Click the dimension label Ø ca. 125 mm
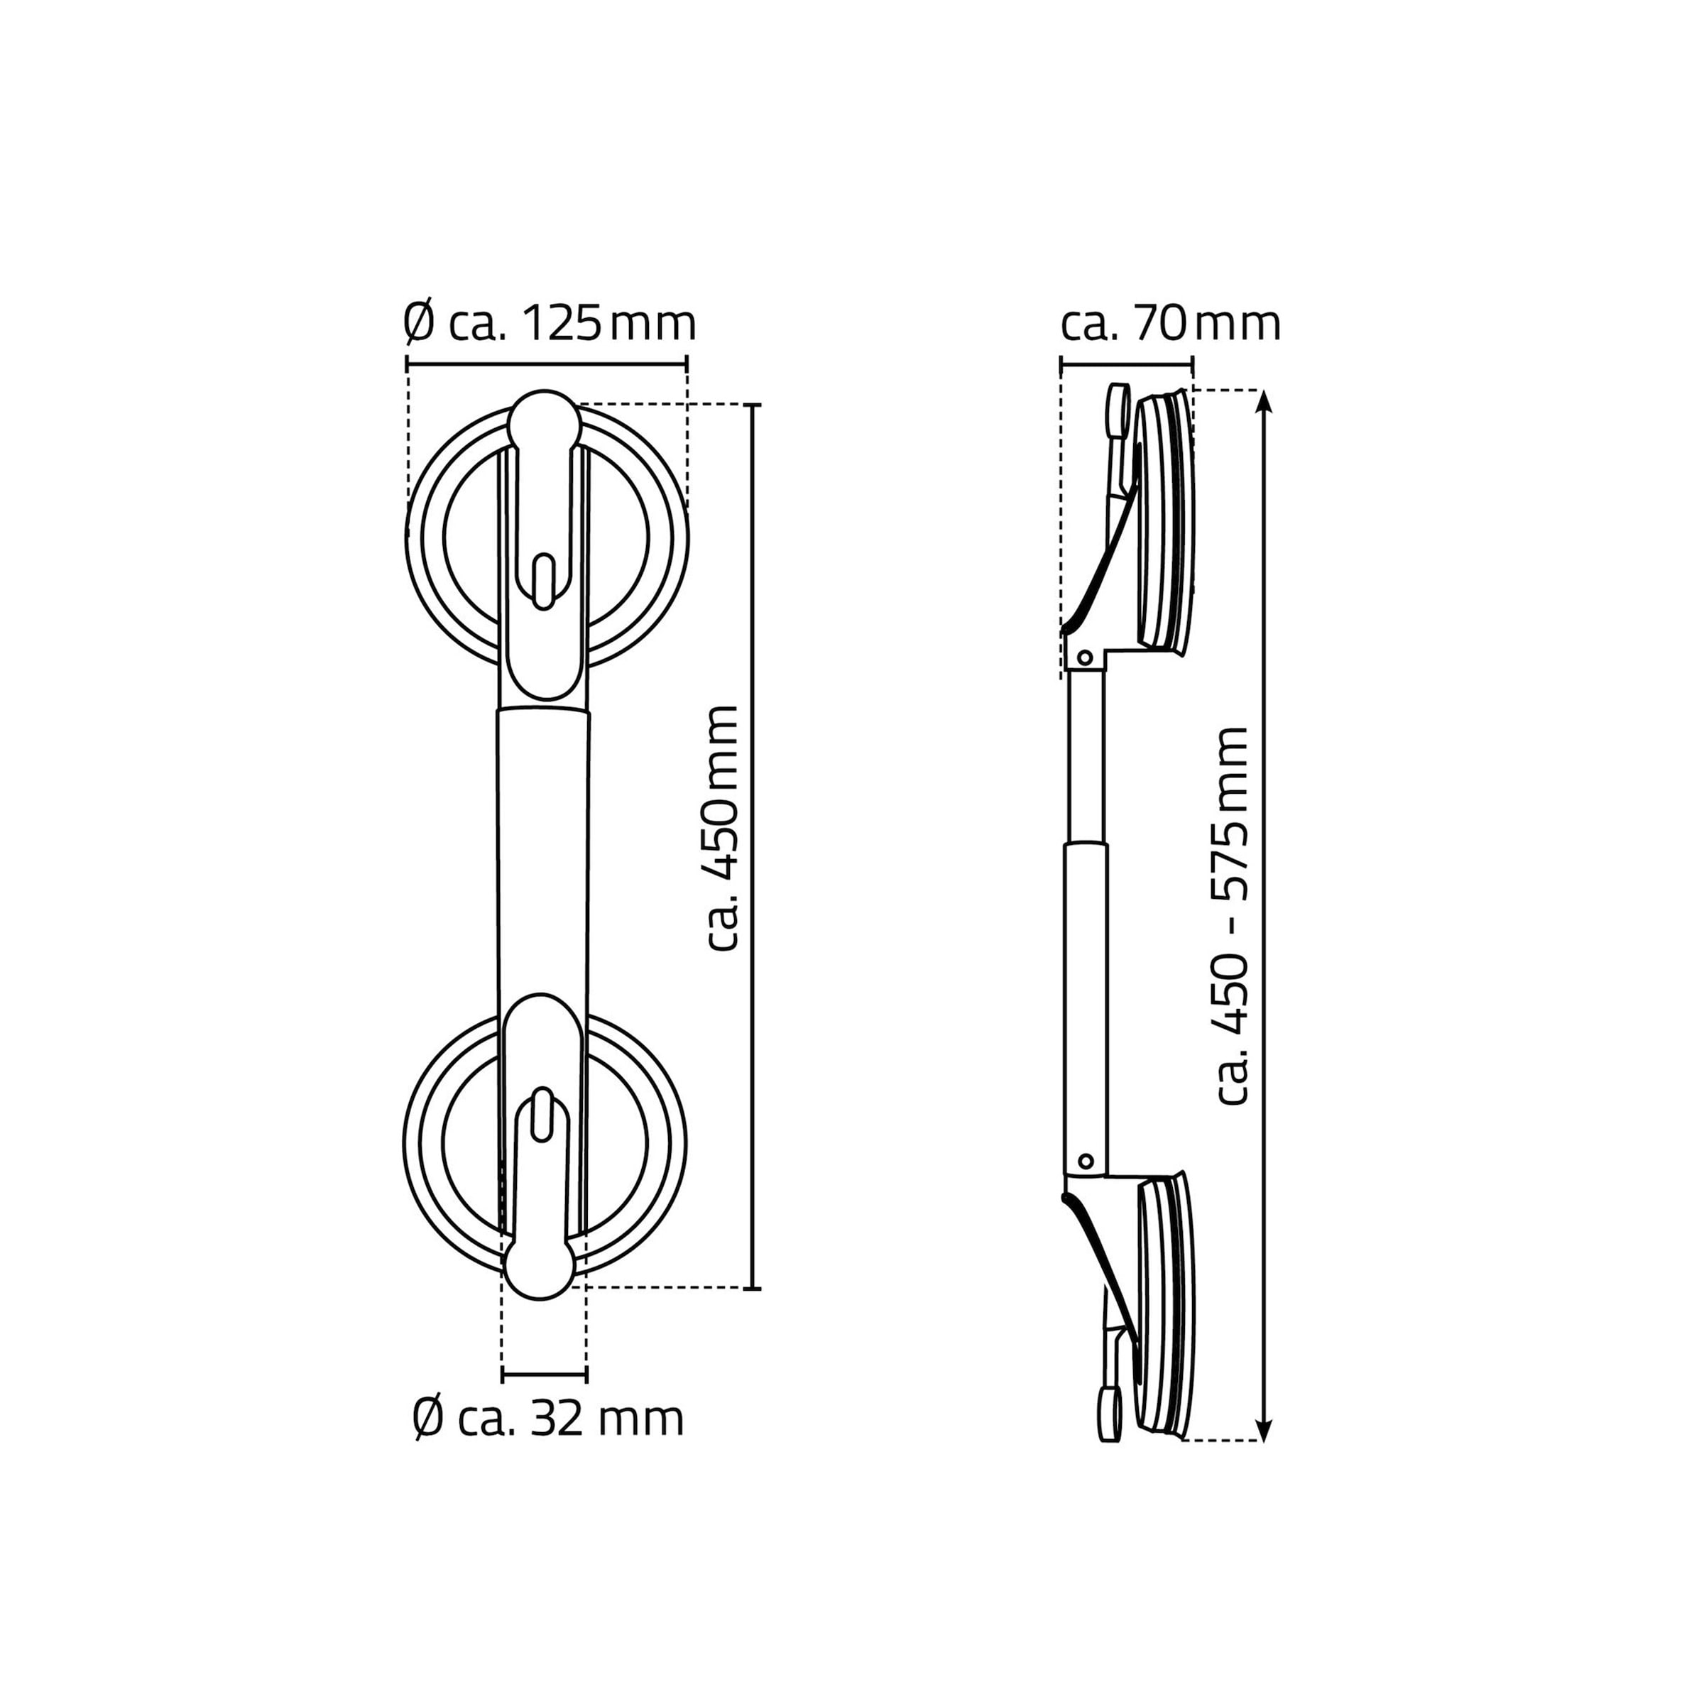(550, 324)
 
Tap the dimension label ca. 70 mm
(1170, 324)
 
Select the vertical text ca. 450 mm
(721, 828)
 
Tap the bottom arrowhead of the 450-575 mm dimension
(1264, 1428)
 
